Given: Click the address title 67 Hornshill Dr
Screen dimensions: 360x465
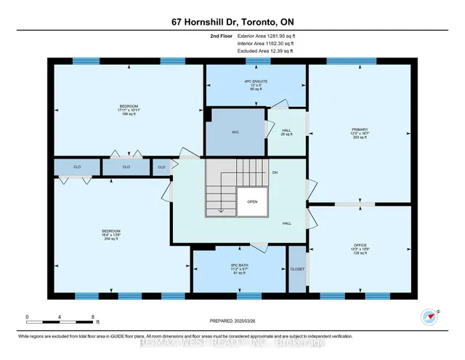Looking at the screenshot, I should (232, 17).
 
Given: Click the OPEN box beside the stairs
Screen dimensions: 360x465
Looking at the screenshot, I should (252, 201).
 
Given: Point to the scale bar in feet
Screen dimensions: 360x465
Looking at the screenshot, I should (61, 319).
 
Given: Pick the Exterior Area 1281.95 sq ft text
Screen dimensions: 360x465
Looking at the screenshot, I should (264, 35).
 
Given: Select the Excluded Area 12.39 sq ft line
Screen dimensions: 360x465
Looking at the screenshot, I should (264, 51).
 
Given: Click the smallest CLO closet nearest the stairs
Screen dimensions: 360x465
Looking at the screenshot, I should (161, 167).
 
